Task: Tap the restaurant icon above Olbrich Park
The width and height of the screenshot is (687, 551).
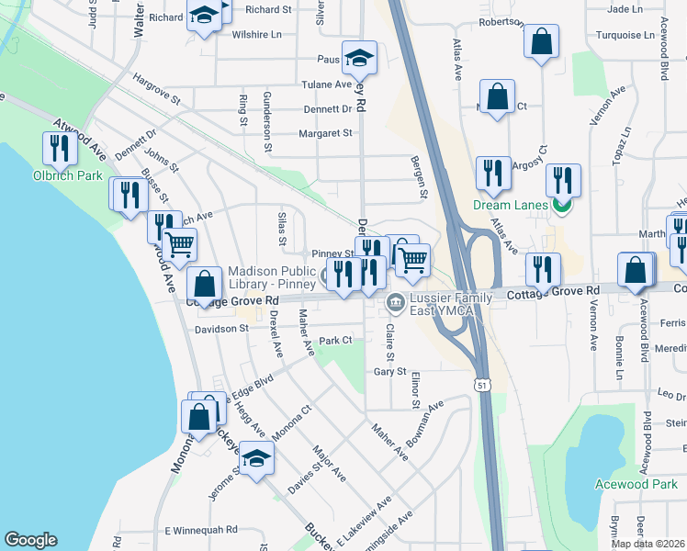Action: pyautogui.click(x=57, y=148)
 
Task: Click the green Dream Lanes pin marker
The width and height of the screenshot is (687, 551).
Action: pyautogui.click(x=559, y=205)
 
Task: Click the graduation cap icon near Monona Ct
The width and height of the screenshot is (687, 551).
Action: pyautogui.click(x=258, y=458)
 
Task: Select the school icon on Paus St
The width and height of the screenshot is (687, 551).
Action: pyautogui.click(x=360, y=58)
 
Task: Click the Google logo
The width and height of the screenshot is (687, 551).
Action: pyautogui.click(x=31, y=540)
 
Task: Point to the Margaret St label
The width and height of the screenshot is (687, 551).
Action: pyautogui.click(x=325, y=133)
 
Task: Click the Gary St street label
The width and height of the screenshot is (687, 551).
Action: pyautogui.click(x=390, y=372)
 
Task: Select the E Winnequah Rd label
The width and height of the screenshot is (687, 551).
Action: pyautogui.click(x=201, y=530)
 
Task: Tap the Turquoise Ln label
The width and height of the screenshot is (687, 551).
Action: pyautogui.click(x=611, y=35)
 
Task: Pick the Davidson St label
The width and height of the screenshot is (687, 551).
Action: pyautogui.click(x=221, y=328)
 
